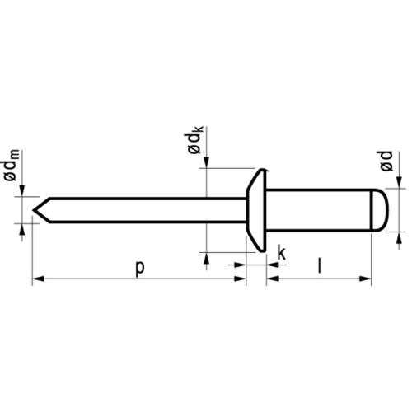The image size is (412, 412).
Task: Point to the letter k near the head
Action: (x=281, y=253)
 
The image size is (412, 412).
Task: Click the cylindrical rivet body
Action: (x=317, y=208)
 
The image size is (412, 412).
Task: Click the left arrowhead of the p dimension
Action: (x=37, y=281)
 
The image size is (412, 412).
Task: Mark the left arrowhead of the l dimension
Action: (x=271, y=281)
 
